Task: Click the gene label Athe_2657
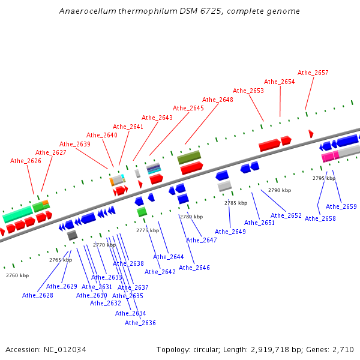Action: coord(313,73)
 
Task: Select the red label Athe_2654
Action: coord(280,82)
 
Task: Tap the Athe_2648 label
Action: coord(218,100)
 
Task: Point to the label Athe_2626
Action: coord(26,161)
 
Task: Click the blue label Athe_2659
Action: coord(341,206)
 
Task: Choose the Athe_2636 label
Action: coord(140,323)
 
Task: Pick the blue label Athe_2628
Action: coord(38,295)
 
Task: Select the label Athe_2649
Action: coord(230,232)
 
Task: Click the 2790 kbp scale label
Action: coord(280,190)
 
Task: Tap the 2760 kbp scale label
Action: coord(17,275)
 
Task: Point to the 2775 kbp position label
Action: coord(148,230)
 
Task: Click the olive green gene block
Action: coord(189,157)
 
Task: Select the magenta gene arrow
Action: coord(328,157)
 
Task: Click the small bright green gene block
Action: coord(142,212)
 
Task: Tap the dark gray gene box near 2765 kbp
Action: coord(72,235)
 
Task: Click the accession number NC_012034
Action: coord(65,349)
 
